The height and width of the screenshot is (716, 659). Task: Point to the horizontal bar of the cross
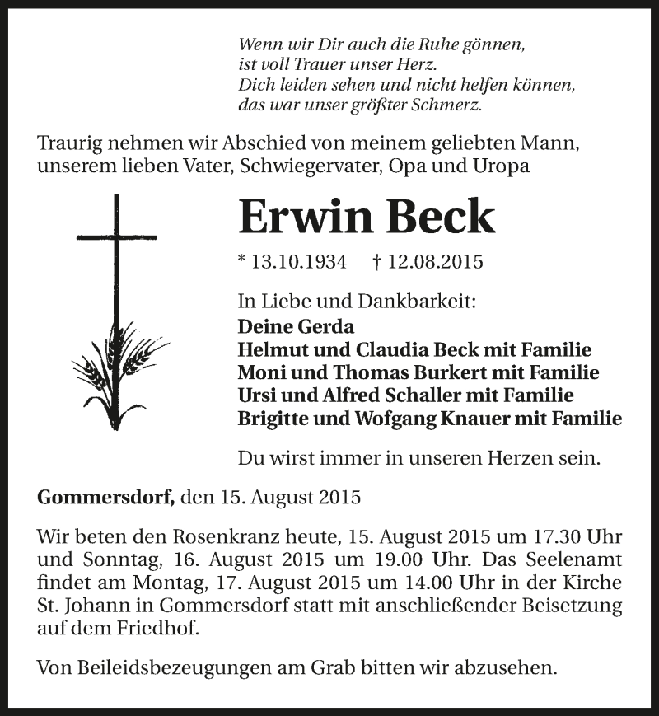click(x=115, y=237)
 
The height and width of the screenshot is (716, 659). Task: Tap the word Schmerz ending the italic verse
click(x=451, y=105)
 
